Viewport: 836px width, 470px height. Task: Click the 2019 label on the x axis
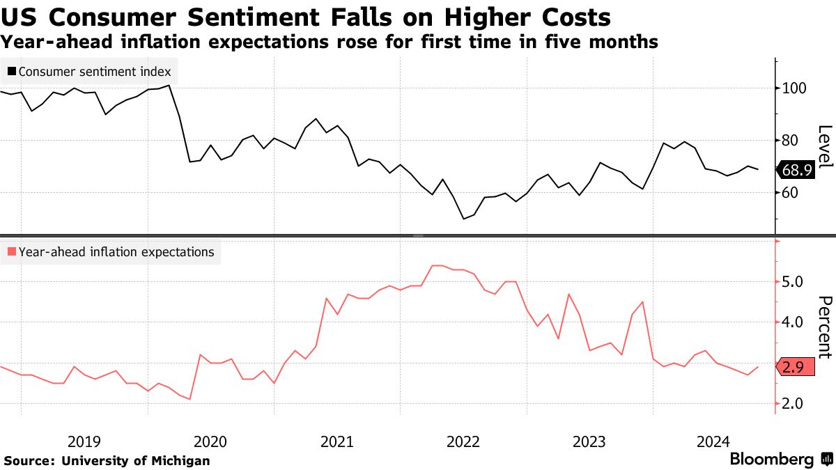(84, 441)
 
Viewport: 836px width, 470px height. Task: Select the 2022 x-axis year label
(463, 441)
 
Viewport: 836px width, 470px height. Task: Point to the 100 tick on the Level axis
(794, 88)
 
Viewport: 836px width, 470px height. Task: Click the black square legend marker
(12, 72)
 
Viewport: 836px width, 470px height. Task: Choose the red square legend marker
(12, 252)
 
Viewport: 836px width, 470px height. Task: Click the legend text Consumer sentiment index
(95, 72)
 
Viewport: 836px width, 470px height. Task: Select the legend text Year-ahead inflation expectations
(116, 252)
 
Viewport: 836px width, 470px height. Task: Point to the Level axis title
(825, 146)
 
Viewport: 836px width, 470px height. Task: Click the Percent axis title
(825, 327)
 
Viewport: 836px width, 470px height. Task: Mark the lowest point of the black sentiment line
(464, 219)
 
